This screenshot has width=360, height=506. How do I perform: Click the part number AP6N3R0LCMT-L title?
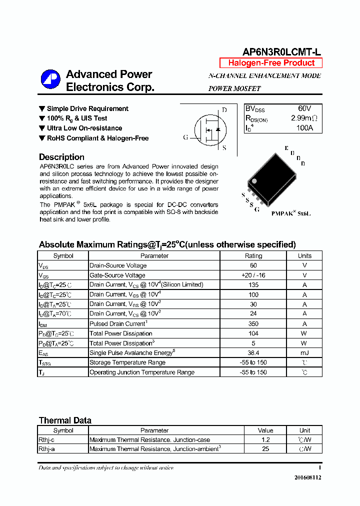click(281, 52)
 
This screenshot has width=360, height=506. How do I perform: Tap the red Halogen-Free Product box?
click(271, 63)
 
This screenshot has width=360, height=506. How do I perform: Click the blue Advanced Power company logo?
click(50, 80)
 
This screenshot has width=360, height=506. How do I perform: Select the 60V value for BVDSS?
click(304, 108)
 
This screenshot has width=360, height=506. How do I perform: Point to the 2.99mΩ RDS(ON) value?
click(304, 118)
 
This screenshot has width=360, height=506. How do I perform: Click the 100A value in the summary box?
click(304, 128)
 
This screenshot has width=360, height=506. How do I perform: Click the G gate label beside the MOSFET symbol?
click(185, 137)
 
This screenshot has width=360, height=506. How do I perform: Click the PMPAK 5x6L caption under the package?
click(291, 213)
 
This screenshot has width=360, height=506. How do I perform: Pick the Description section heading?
click(61, 157)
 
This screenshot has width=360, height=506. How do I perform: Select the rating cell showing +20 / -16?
click(253, 275)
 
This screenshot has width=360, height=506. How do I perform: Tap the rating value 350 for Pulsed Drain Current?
click(253, 323)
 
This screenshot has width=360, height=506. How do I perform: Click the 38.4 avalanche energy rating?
click(253, 353)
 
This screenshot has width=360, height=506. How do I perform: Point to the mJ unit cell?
click(304, 353)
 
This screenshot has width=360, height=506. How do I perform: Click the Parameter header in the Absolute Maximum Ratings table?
click(154, 255)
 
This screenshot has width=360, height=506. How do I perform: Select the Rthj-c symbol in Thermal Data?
click(47, 440)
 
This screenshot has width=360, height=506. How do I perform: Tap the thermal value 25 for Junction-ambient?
click(265, 449)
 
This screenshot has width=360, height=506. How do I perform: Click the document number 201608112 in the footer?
click(307, 477)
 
